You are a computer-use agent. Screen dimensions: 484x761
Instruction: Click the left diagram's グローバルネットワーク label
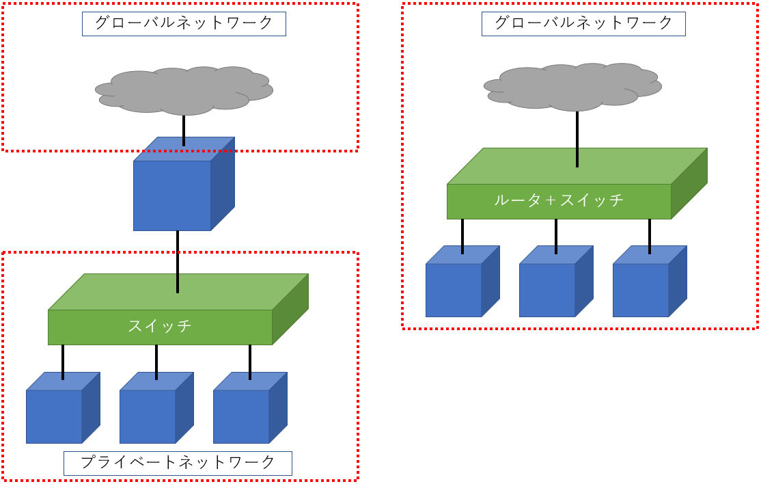click(x=184, y=23)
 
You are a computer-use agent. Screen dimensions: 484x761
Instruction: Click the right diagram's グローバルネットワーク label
click(x=583, y=23)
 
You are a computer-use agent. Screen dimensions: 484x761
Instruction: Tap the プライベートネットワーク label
click(x=178, y=463)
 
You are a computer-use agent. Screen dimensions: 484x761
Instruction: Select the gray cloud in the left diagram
click(x=184, y=90)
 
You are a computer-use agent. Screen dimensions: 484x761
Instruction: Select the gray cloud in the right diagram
click(x=572, y=86)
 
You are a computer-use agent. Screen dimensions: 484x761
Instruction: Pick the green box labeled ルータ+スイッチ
click(x=559, y=201)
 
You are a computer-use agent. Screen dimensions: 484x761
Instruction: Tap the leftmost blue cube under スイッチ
click(x=55, y=416)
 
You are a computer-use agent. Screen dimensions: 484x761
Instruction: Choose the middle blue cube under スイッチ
click(x=148, y=416)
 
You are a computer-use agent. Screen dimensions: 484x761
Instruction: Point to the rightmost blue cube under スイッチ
click(x=242, y=416)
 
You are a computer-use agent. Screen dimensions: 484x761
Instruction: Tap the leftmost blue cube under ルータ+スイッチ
click(x=454, y=290)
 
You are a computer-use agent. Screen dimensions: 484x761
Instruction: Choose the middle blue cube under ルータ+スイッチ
click(x=548, y=290)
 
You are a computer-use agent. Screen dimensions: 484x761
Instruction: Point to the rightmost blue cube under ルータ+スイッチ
click(x=641, y=290)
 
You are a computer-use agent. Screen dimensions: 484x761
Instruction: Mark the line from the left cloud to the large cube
click(x=184, y=130)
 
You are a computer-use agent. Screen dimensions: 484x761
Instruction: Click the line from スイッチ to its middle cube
click(x=156, y=362)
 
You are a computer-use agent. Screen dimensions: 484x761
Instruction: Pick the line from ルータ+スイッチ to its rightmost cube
click(x=650, y=236)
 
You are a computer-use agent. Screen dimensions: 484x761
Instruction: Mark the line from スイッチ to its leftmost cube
click(x=63, y=362)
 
